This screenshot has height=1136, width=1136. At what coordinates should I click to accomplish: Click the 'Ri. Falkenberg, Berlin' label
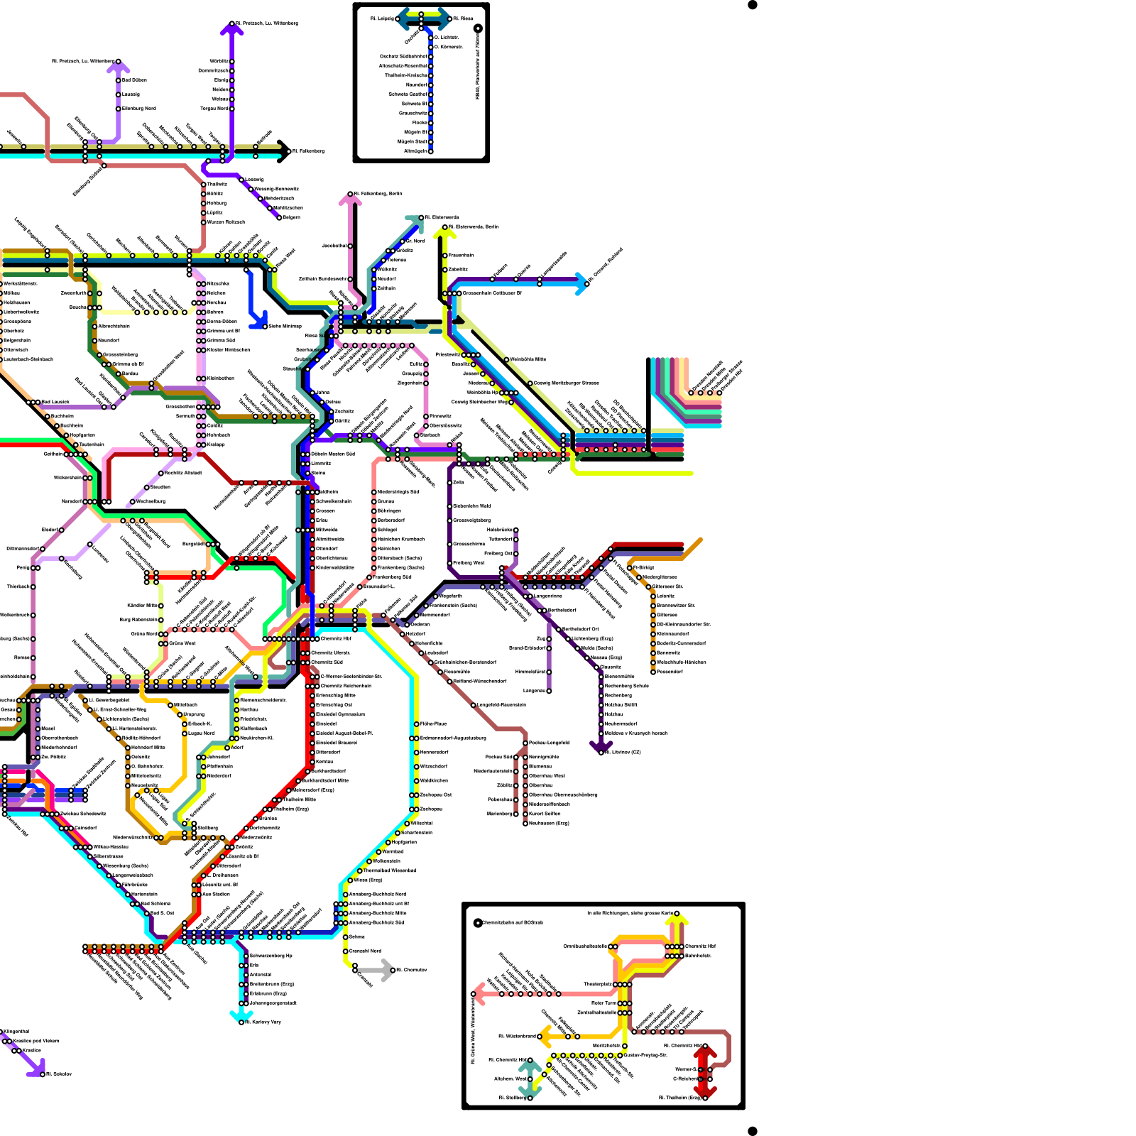(x=379, y=193)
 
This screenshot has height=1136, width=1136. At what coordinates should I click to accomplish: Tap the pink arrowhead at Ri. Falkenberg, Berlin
(x=350, y=200)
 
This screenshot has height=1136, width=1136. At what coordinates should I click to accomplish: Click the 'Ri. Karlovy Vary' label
(x=263, y=1022)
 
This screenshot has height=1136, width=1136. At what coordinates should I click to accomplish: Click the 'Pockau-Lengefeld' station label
(x=550, y=743)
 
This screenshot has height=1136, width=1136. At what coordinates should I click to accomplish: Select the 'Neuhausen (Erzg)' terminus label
(x=550, y=823)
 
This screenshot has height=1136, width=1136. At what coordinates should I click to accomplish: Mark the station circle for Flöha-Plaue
(x=416, y=723)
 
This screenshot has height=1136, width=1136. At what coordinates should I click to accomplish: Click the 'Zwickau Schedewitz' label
(x=84, y=814)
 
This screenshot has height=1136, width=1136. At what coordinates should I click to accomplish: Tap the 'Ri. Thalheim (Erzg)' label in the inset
(x=679, y=1098)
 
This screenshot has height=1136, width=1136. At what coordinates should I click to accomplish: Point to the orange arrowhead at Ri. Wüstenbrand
(x=545, y=1036)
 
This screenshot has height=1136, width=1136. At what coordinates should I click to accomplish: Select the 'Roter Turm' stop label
(x=603, y=1003)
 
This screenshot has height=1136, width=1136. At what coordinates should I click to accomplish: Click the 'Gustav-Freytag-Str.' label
(x=645, y=1055)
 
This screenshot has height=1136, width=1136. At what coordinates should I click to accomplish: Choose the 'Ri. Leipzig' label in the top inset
(x=382, y=18)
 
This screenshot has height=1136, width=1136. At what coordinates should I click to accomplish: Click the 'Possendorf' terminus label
(x=670, y=672)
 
